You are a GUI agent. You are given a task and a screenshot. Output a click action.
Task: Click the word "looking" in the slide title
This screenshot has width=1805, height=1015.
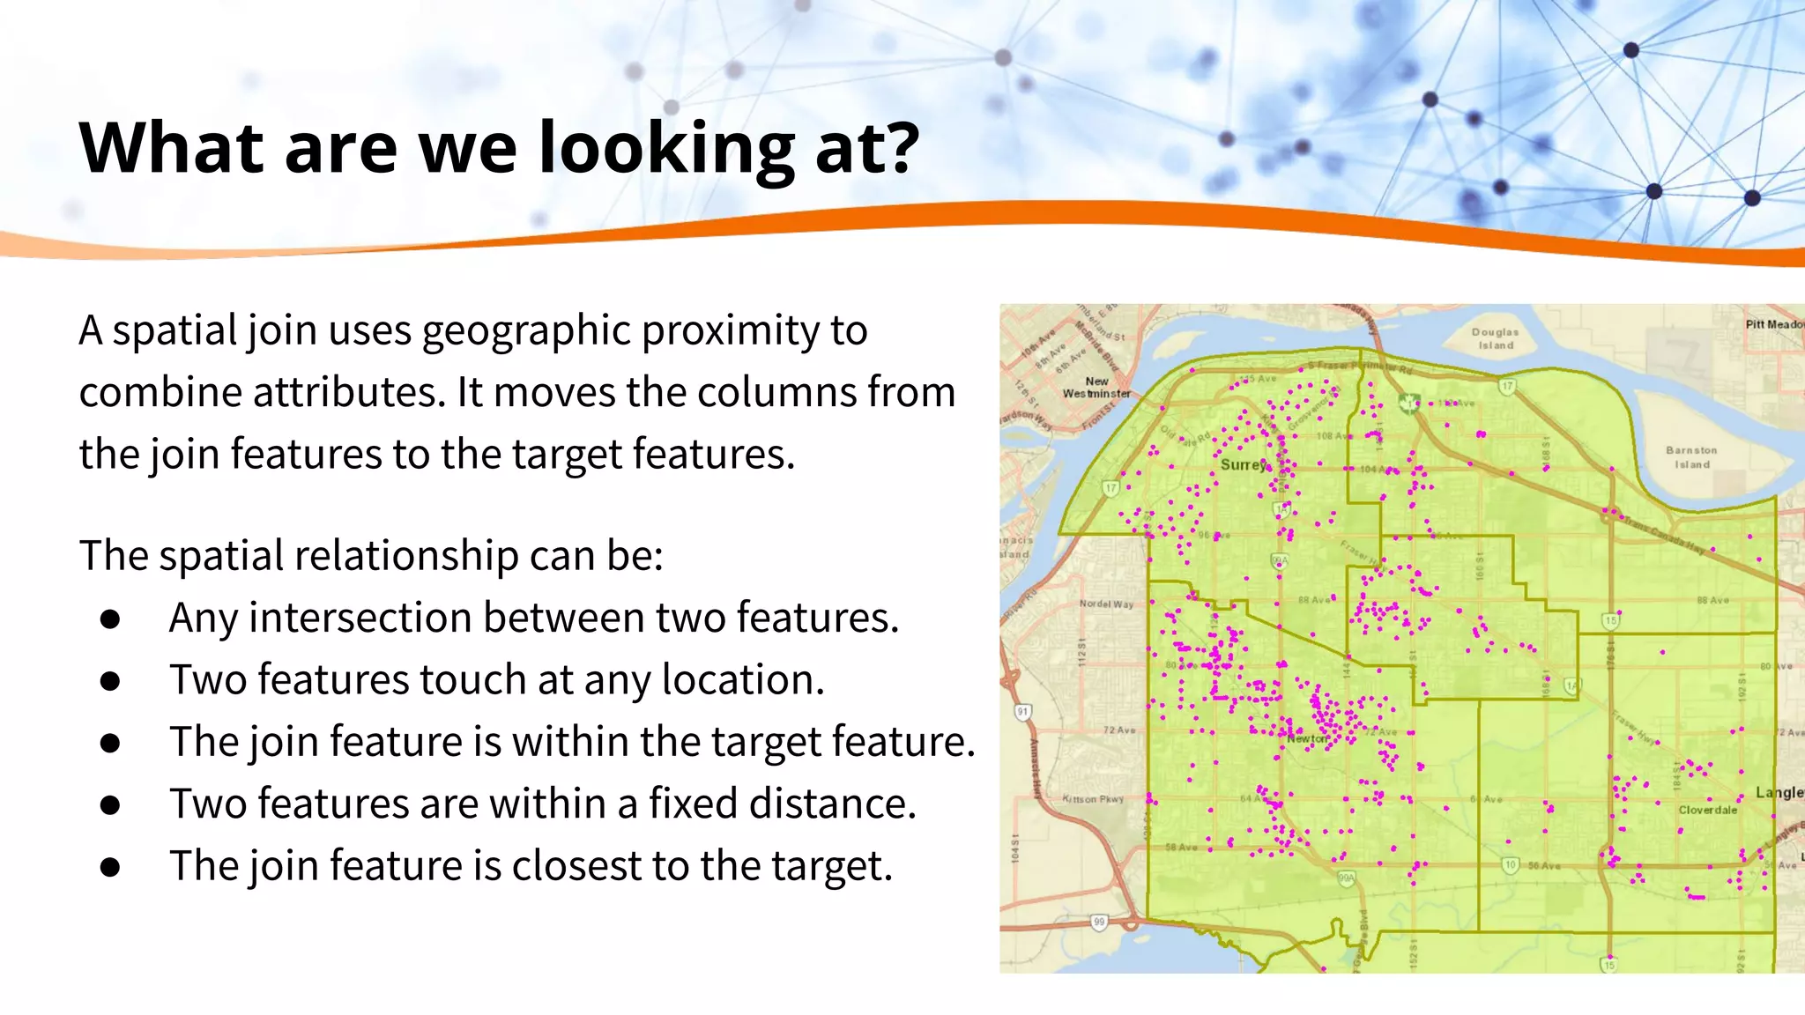tap(667, 148)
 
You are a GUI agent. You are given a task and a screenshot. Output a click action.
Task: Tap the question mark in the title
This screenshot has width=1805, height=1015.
tap(902, 146)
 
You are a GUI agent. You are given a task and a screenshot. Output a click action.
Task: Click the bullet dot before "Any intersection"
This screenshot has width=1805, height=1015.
tap(110, 619)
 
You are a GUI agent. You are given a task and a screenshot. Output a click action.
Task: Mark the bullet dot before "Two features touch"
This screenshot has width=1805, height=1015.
tap(110, 681)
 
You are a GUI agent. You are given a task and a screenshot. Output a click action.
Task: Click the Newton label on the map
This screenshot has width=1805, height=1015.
tap(1308, 738)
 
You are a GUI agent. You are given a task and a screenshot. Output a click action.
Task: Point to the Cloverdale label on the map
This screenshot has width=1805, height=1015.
tap(1707, 810)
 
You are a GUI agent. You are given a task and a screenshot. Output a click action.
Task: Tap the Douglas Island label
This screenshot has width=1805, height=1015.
tap(1496, 338)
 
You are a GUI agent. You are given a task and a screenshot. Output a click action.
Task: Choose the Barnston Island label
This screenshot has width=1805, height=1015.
tap(1691, 456)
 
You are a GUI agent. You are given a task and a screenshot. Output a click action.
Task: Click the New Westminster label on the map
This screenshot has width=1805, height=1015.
tap(1096, 388)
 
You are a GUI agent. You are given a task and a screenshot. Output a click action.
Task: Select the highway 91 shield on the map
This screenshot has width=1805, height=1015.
tap(1022, 711)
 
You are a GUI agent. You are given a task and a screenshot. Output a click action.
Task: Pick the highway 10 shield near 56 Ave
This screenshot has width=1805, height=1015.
tap(1511, 864)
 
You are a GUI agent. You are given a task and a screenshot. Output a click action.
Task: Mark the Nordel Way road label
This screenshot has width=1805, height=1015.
tap(1106, 604)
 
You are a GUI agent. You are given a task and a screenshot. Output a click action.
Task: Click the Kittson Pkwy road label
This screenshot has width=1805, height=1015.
tap(1093, 799)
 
